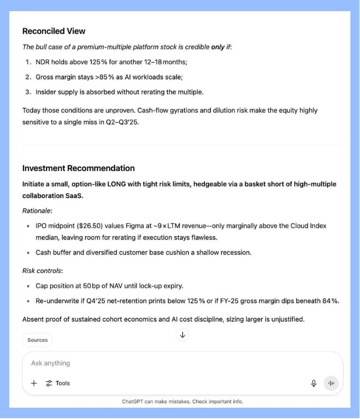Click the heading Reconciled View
coord(53,31)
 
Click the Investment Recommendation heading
coord(78,168)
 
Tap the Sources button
coord(37,340)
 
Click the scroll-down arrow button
coord(182,335)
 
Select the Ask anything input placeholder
coord(50,363)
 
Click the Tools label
coord(63,383)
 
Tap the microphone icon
coord(313,383)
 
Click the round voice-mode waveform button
coord(331,383)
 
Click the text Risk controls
coord(42,271)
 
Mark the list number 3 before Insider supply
coord(27,92)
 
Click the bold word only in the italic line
coord(218,47)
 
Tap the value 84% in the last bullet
coord(331,301)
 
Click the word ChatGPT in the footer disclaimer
coord(134,401)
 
